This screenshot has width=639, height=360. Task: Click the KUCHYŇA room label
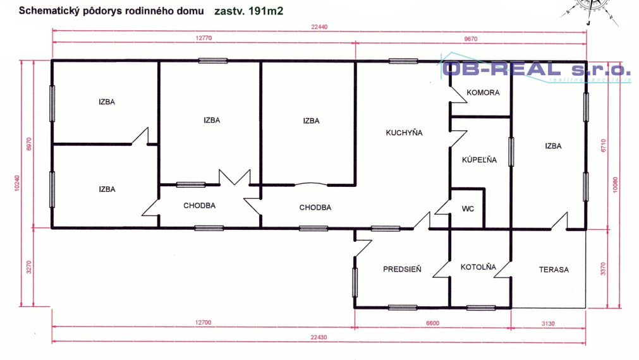point(404,133)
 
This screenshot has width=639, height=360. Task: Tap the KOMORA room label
point(483,93)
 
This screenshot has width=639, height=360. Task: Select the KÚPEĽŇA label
point(479,160)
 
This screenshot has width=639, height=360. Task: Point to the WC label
point(468,208)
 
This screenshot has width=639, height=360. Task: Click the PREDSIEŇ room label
point(402,270)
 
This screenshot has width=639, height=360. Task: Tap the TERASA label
point(554,270)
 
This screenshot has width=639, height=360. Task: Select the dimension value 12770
point(203,39)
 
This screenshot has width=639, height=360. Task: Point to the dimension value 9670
point(472,39)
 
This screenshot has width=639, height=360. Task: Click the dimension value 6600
point(432,323)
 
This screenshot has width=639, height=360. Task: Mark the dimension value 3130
point(547,323)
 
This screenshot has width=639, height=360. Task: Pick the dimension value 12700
point(203,323)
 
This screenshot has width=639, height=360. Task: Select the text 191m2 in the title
point(265,11)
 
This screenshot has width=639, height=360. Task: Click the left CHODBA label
point(200,206)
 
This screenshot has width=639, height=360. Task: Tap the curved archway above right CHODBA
point(311,184)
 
